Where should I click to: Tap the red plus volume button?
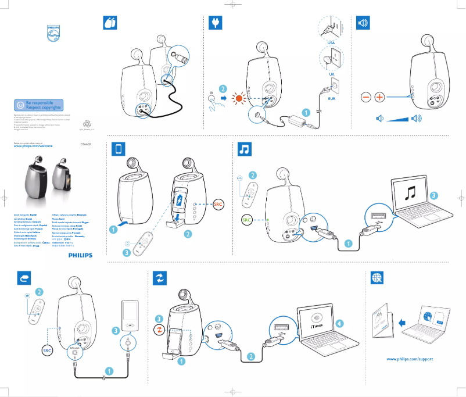pos(379,97)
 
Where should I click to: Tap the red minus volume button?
pos(365,97)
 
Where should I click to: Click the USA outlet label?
pos(331,43)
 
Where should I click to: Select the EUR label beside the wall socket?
pos(332,99)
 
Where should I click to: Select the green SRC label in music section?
pos(247,220)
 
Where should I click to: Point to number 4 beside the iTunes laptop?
pos(339,323)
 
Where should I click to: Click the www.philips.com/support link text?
pos(410,359)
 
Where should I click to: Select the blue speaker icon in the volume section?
pos(363,23)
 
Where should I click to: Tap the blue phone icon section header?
pos(119,149)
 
